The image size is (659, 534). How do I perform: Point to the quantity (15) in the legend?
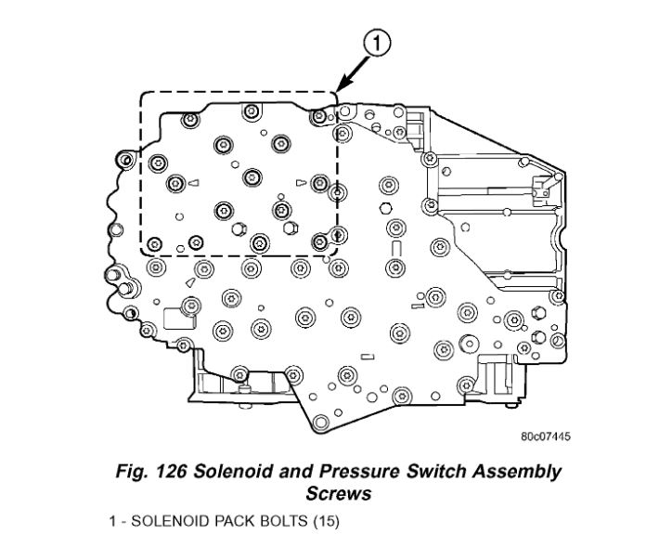[x=326, y=521]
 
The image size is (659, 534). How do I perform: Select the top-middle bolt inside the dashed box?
[x=251, y=112]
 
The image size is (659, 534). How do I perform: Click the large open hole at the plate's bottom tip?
[x=322, y=423]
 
